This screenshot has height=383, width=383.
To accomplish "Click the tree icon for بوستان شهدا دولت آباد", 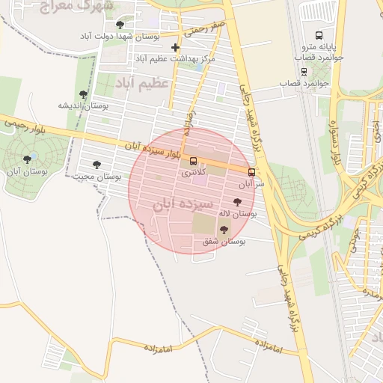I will [x=120, y=25].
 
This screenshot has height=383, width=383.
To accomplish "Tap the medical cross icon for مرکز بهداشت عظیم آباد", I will [x=175, y=47].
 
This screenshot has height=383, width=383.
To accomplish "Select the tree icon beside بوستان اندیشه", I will [x=83, y=94].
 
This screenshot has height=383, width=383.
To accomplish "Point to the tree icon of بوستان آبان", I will [x=28, y=159].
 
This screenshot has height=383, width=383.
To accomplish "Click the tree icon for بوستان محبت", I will [x=96, y=165].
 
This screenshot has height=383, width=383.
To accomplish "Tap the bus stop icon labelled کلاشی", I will [x=194, y=161].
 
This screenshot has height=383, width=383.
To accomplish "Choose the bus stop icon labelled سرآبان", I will [x=251, y=172].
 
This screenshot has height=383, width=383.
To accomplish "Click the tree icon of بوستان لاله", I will [x=237, y=202].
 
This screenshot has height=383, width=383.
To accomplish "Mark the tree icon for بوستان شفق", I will [x=224, y=230].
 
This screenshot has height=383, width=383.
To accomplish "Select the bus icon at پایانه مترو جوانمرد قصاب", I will [x=319, y=35].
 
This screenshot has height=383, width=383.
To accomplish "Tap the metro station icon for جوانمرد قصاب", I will [x=304, y=72].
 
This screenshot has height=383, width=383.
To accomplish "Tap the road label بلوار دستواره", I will [x=334, y=150].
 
